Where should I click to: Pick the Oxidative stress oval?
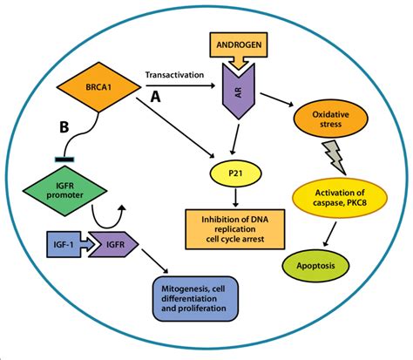click(x=329, y=119)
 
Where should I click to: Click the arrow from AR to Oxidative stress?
click(x=277, y=98)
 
